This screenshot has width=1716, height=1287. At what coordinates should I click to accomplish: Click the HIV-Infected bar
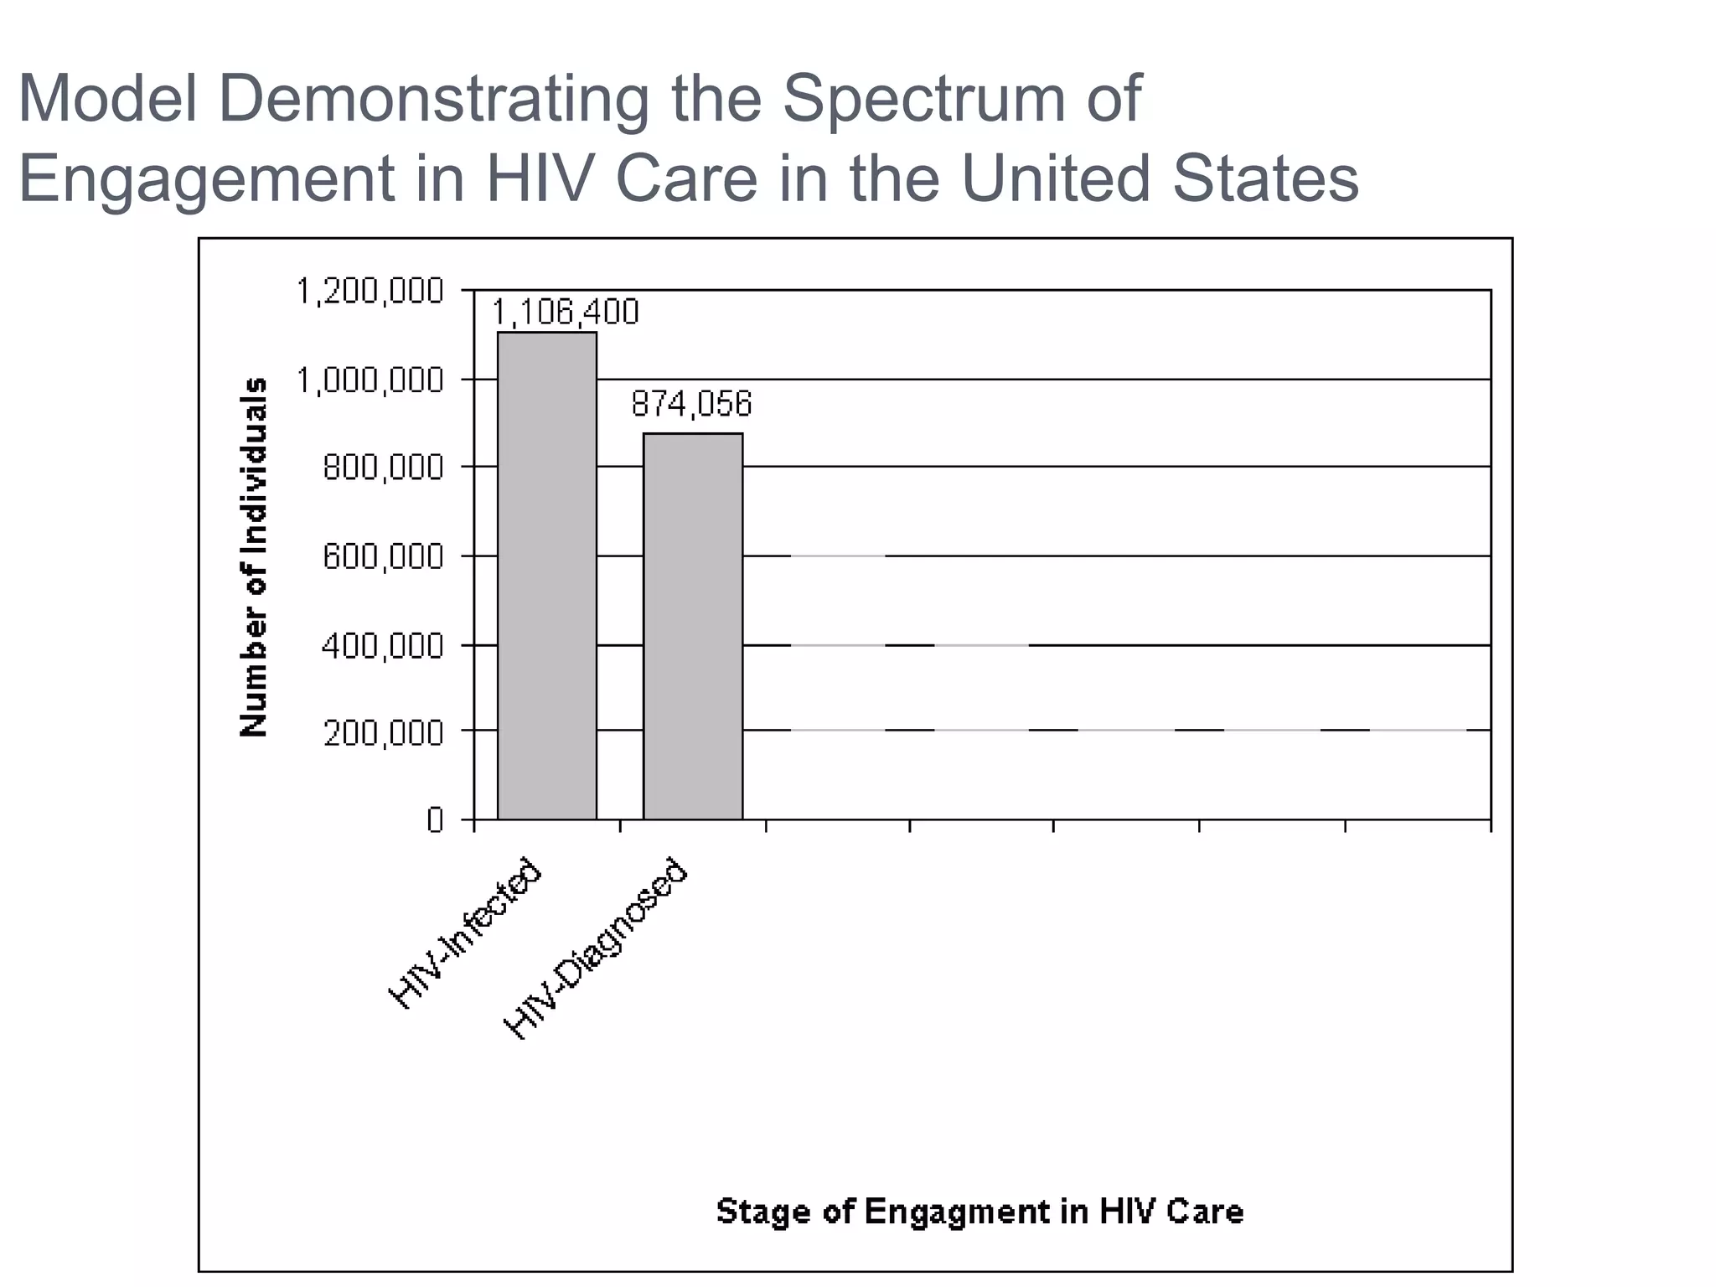pyautogui.click(x=547, y=576)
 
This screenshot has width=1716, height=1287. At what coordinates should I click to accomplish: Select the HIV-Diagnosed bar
pyautogui.click(x=693, y=626)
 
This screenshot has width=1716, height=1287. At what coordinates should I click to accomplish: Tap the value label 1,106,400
pyautogui.click(x=565, y=313)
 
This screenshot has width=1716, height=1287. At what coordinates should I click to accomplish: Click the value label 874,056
pyautogui.click(x=691, y=405)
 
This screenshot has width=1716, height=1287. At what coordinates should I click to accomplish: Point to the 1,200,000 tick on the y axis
pyautogui.click(x=370, y=292)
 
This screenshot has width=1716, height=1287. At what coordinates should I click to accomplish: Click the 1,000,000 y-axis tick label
pyautogui.click(x=370, y=380)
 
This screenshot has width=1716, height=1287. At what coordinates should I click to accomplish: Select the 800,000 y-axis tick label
pyautogui.click(x=383, y=468)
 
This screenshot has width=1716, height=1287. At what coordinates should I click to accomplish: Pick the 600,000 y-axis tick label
pyautogui.click(x=383, y=556)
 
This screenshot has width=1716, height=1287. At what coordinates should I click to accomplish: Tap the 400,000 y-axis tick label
pyautogui.click(x=383, y=646)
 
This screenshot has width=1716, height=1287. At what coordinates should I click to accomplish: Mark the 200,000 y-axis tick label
pyautogui.click(x=383, y=733)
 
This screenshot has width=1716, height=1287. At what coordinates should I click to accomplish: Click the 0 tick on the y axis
pyautogui.click(x=434, y=820)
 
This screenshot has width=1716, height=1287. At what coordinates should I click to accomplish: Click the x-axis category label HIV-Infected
pyautogui.click(x=466, y=933)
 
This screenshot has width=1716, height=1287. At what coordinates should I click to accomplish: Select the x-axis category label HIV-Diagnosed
pyautogui.click(x=596, y=948)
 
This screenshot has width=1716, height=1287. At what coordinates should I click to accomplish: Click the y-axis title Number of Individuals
pyautogui.click(x=254, y=556)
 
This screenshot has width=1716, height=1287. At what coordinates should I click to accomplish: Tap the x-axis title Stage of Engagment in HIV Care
pyautogui.click(x=979, y=1212)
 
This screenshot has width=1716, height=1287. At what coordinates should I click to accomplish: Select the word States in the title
pyautogui.click(x=1265, y=178)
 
